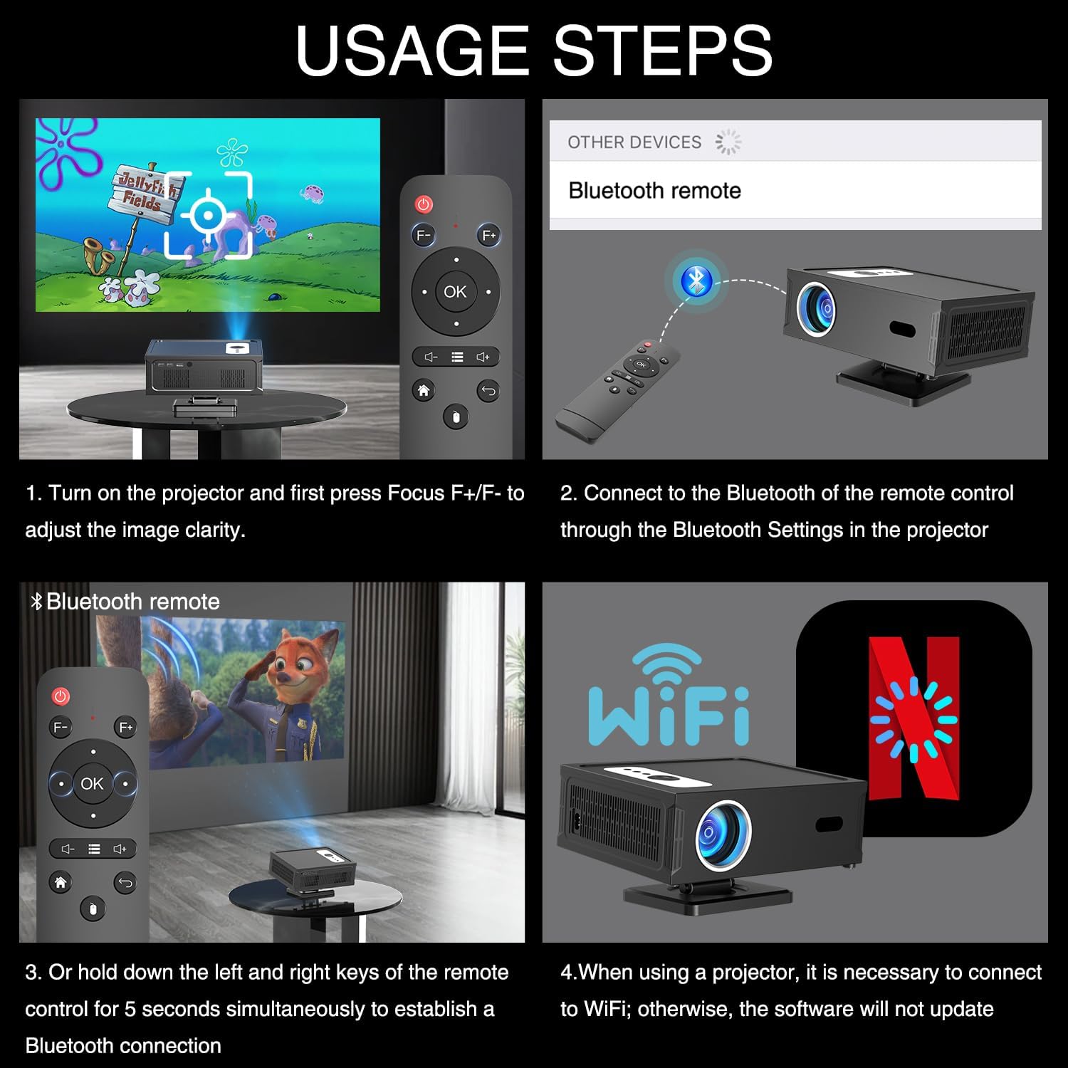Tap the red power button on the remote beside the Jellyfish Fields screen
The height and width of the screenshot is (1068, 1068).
pyautogui.click(x=424, y=205)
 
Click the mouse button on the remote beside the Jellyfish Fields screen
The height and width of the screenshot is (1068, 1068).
pyautogui.click(x=456, y=417)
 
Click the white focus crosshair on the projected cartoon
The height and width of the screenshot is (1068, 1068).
pyautogui.click(x=208, y=214)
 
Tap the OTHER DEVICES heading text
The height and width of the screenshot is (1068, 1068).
pyautogui.click(x=634, y=142)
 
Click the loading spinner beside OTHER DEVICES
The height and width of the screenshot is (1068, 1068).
pyautogui.click(x=728, y=142)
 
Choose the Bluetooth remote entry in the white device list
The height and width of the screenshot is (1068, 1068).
pyautogui.click(x=654, y=191)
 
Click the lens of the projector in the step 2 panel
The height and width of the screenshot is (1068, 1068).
pyautogui.click(x=817, y=308)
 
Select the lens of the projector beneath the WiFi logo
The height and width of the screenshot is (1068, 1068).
pyautogui.click(x=723, y=834)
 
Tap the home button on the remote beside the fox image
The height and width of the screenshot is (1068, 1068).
pyautogui.click(x=61, y=883)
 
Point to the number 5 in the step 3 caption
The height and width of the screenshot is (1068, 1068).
pyautogui.click(x=130, y=1009)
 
